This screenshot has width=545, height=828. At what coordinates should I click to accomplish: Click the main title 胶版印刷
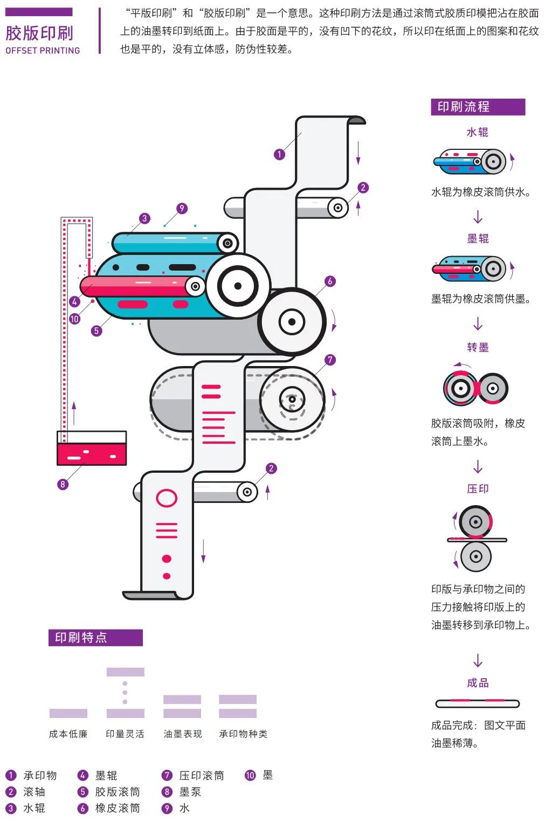(x=39, y=33)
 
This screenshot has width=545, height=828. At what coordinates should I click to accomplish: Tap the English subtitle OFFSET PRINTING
(x=43, y=51)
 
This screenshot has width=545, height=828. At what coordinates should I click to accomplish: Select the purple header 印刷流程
(x=477, y=107)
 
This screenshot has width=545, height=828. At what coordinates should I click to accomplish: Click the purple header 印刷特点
(x=95, y=638)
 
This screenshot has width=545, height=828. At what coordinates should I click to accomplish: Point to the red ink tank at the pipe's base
(x=92, y=453)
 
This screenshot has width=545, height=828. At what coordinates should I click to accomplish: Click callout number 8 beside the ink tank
(x=63, y=484)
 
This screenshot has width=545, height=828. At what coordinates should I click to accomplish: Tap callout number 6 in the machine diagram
(x=330, y=281)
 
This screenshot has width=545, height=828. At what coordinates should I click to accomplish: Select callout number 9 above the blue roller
(x=182, y=208)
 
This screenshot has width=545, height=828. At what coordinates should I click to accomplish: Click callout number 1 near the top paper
(x=279, y=154)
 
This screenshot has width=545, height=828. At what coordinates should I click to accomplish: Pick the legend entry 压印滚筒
(x=201, y=775)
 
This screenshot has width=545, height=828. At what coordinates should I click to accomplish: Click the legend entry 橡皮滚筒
(x=117, y=808)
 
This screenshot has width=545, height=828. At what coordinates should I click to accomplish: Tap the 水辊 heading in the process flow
(x=477, y=132)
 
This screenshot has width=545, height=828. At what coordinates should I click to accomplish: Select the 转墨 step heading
(x=477, y=347)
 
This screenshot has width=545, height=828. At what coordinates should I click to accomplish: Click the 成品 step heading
(x=477, y=682)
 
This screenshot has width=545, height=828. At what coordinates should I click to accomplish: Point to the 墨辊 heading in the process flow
(x=477, y=238)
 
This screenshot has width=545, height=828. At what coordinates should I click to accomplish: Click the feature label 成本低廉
(x=68, y=734)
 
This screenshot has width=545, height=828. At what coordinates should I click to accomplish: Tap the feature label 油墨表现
(x=182, y=734)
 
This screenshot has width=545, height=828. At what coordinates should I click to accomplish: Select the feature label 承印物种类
(x=243, y=734)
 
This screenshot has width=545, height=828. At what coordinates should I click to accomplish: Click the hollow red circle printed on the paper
(x=167, y=498)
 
